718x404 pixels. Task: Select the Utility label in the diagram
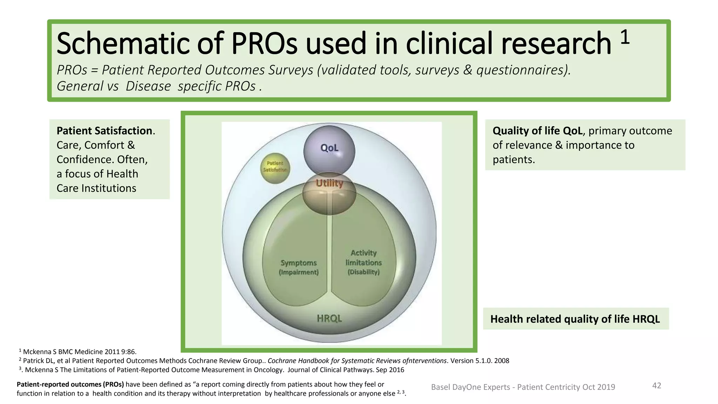[329, 183]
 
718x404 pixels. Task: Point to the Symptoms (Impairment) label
[299, 267]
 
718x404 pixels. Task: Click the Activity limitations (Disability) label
[364, 262]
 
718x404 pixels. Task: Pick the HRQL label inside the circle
[329, 318]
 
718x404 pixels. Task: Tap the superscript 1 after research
[625, 37]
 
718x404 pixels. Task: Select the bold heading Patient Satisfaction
[104, 131]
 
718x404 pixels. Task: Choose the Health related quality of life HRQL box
[575, 319]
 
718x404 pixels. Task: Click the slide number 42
[656, 386]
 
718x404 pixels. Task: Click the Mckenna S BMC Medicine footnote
[80, 352]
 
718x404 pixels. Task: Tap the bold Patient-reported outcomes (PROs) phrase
[70, 384]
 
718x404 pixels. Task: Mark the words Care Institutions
[96, 188]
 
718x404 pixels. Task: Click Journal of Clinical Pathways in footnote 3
[330, 370]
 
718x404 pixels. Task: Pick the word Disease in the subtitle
[148, 86]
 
